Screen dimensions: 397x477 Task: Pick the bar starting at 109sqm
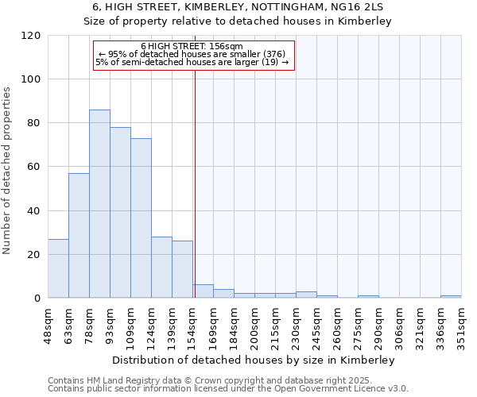point(141,218)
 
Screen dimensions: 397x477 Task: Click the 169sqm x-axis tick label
point(214,324)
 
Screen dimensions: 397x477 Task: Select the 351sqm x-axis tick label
point(462,324)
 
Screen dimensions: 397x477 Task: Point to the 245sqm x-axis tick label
point(317,324)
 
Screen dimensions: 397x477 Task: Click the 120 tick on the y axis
point(31,36)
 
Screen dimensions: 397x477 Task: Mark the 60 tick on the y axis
point(34,167)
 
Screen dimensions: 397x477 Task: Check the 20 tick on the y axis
point(34,255)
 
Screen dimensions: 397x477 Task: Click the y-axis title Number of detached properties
point(8,171)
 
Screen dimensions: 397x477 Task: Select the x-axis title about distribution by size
point(254,360)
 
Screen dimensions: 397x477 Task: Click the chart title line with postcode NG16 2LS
point(238,7)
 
